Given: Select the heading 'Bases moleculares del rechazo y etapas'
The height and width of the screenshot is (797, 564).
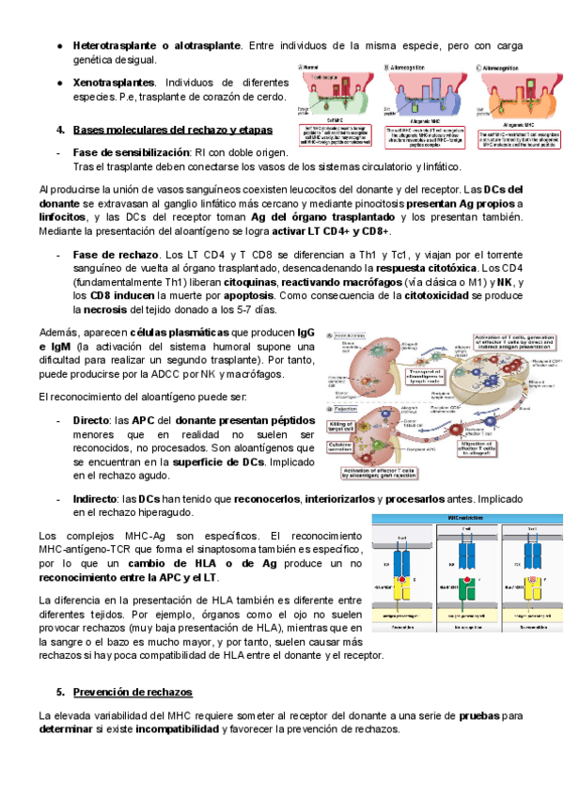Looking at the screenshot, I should click(x=172, y=129).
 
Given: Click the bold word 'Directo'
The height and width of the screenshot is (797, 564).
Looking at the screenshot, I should click(x=91, y=420).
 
